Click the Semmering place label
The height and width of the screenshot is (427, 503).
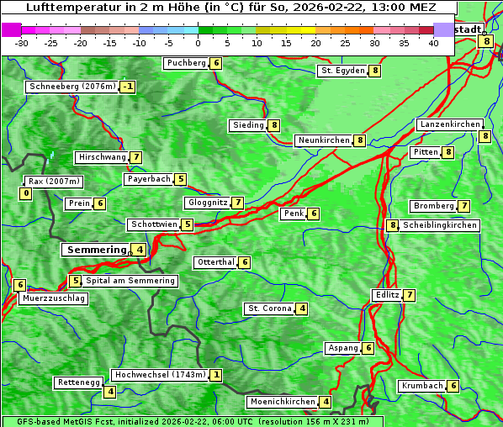pos(95,250)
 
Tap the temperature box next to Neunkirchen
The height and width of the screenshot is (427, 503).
pos(360,140)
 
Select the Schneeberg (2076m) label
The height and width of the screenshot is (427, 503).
pos(71,87)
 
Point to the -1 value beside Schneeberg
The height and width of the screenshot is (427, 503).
pos(127,87)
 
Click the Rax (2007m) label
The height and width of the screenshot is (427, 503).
pos(53,182)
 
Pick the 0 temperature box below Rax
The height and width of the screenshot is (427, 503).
pos(25,194)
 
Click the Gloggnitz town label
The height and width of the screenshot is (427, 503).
pos(206,203)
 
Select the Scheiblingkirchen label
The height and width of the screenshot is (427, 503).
pos(439,225)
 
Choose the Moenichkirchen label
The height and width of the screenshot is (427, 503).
pos(283,402)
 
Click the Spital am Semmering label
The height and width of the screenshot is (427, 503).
pos(130,281)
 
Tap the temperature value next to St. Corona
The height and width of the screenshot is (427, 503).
pos(302,308)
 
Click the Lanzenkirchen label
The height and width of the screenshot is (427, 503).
pos(449,124)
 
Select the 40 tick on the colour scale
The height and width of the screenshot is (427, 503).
pos(433,42)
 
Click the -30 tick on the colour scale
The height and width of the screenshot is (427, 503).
pos(22,42)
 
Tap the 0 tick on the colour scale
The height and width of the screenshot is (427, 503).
pos(198,42)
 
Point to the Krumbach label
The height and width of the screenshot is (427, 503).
pos(421,386)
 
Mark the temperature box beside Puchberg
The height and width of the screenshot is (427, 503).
pos(216,63)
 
